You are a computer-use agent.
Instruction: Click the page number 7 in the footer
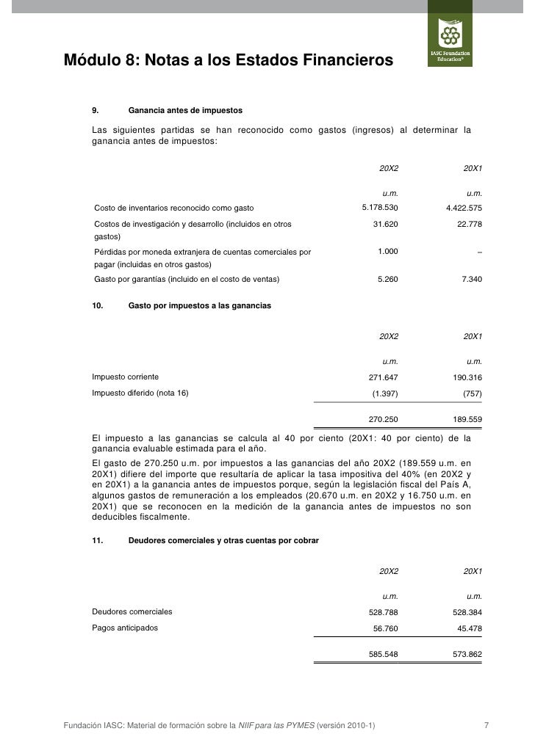486,726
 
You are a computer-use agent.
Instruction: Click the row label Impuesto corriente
126,377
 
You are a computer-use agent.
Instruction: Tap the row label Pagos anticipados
124,628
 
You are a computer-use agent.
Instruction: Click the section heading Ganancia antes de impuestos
185,111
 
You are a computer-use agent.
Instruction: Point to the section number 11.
96,540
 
